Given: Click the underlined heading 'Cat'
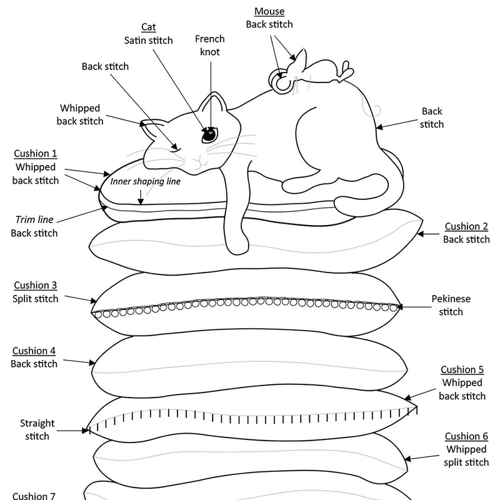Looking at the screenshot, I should pos(148,27).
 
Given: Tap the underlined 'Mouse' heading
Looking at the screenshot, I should pos(269,11).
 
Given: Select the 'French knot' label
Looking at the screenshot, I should pos(209,45).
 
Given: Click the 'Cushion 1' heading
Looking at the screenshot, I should pos(35,154).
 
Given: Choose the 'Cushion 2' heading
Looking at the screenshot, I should pos(466,226).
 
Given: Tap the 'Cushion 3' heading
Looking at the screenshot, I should pos(35,285).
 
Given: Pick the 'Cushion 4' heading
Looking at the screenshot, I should pos(35,351).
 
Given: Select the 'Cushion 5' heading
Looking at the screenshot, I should pos(462,369).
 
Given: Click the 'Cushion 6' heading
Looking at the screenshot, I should pos(466,436).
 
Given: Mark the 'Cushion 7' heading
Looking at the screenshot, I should pos(34,496).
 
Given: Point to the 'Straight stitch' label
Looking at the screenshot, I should pos(37,429).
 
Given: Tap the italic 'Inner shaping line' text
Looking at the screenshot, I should pos(146,181).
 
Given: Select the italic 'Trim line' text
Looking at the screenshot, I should pos(34,219).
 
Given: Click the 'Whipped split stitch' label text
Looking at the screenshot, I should pos(466,456).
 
